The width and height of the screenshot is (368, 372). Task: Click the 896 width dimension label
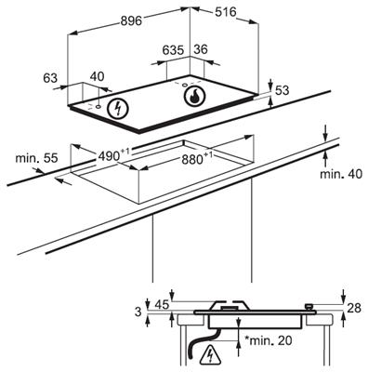131,21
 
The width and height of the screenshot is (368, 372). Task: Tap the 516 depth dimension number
226,12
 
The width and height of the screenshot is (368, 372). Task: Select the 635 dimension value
173,50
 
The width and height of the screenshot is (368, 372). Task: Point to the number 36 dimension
201,49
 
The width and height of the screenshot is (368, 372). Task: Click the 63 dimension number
50,78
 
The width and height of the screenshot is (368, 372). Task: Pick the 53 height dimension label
282,90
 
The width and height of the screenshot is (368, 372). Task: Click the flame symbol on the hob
194,96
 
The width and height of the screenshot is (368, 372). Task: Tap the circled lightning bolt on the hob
118,109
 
